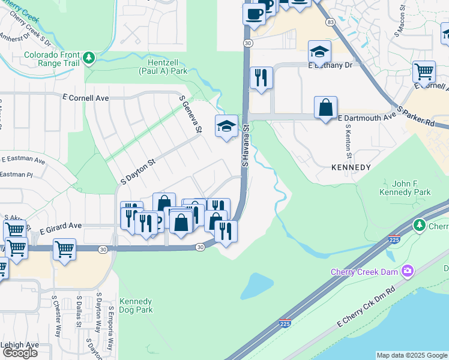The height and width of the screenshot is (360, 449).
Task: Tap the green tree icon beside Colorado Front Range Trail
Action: click(x=89, y=58)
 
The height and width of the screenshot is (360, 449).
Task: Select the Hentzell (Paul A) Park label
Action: click(x=163, y=67)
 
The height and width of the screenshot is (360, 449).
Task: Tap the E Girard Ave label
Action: click(x=60, y=227)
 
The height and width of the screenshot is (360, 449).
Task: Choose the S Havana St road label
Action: click(x=245, y=146)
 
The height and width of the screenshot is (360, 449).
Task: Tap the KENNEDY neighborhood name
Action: click(x=351, y=167)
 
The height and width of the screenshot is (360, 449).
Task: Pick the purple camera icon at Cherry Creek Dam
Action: click(x=408, y=272)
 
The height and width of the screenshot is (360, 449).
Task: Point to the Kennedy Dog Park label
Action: click(x=136, y=305)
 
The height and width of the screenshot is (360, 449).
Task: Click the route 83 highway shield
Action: click(x=330, y=22)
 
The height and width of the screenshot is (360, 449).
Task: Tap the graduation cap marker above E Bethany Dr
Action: click(x=319, y=51)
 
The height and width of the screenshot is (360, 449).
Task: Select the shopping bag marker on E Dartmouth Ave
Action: click(x=325, y=108)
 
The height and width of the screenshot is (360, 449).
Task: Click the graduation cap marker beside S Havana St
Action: click(x=226, y=126)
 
